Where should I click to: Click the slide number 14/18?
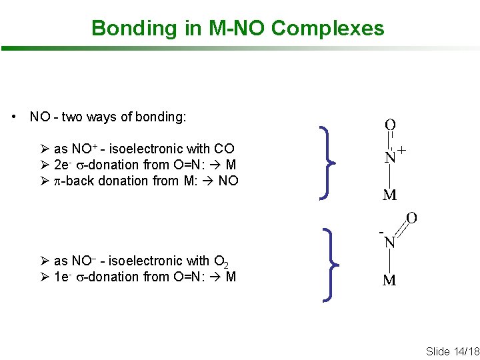[462, 351]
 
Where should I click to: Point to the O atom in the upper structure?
[390, 125]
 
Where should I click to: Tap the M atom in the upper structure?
[390, 195]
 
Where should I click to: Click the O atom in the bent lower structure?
[411, 218]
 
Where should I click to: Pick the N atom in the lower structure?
[390, 243]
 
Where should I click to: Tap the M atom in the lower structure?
[389, 280]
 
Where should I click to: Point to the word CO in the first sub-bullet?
[224, 149]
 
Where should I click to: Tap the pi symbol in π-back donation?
[57, 181]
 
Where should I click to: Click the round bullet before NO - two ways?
[15, 117]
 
